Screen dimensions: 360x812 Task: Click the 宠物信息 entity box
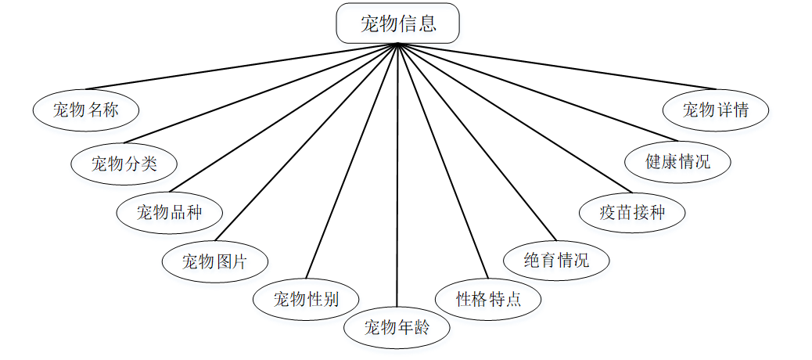coord(397,23)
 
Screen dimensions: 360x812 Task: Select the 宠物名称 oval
coord(86,110)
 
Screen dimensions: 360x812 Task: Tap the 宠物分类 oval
coord(124,163)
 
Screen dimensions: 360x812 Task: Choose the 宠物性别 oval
coord(306,299)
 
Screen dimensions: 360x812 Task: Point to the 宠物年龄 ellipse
coord(397,328)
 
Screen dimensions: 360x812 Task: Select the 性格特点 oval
coord(488,299)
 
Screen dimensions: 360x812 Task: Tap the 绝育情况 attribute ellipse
coord(556,260)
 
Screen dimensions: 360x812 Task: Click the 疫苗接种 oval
coord(632,212)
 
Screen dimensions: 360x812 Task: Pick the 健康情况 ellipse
coord(678,162)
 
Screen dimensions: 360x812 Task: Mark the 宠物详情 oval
coord(716,110)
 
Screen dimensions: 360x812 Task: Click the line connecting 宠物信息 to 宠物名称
coord(243,66)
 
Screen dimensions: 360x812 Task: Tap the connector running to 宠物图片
coord(306,142)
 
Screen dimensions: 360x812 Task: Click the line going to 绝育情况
coord(476,142)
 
